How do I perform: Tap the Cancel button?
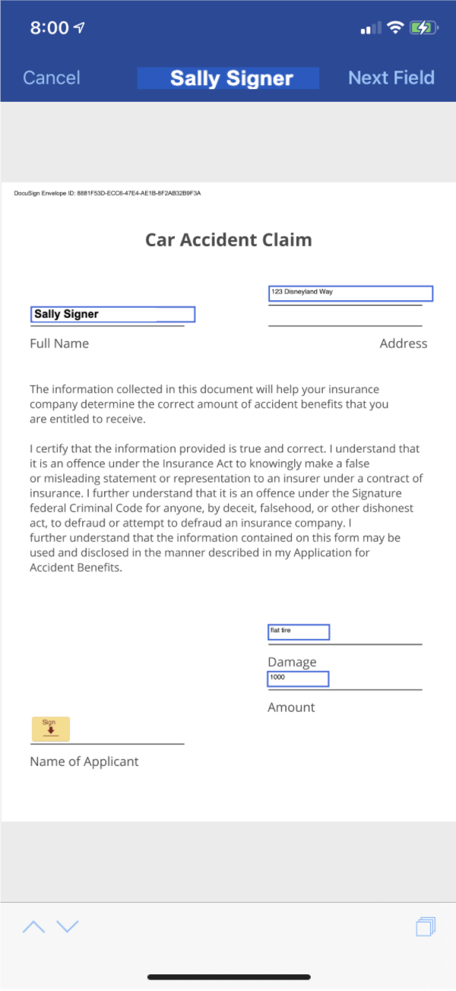click(51, 78)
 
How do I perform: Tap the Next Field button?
click(391, 78)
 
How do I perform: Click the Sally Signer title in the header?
click(230, 78)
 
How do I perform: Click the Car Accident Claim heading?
click(228, 240)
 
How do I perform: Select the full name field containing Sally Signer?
click(113, 315)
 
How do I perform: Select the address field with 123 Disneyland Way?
click(350, 293)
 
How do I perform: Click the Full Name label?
click(59, 344)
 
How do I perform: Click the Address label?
click(403, 344)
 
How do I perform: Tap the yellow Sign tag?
click(50, 729)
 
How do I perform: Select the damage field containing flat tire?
click(299, 632)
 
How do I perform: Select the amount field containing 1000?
click(298, 679)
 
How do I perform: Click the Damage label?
click(292, 662)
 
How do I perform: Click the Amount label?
click(291, 708)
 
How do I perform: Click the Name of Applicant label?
click(84, 761)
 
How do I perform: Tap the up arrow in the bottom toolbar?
click(33, 926)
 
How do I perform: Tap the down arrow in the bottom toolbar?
click(68, 926)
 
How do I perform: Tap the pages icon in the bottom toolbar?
click(426, 926)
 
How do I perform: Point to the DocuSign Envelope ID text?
click(107, 194)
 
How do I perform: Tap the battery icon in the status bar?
click(422, 28)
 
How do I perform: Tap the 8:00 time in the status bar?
click(49, 28)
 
